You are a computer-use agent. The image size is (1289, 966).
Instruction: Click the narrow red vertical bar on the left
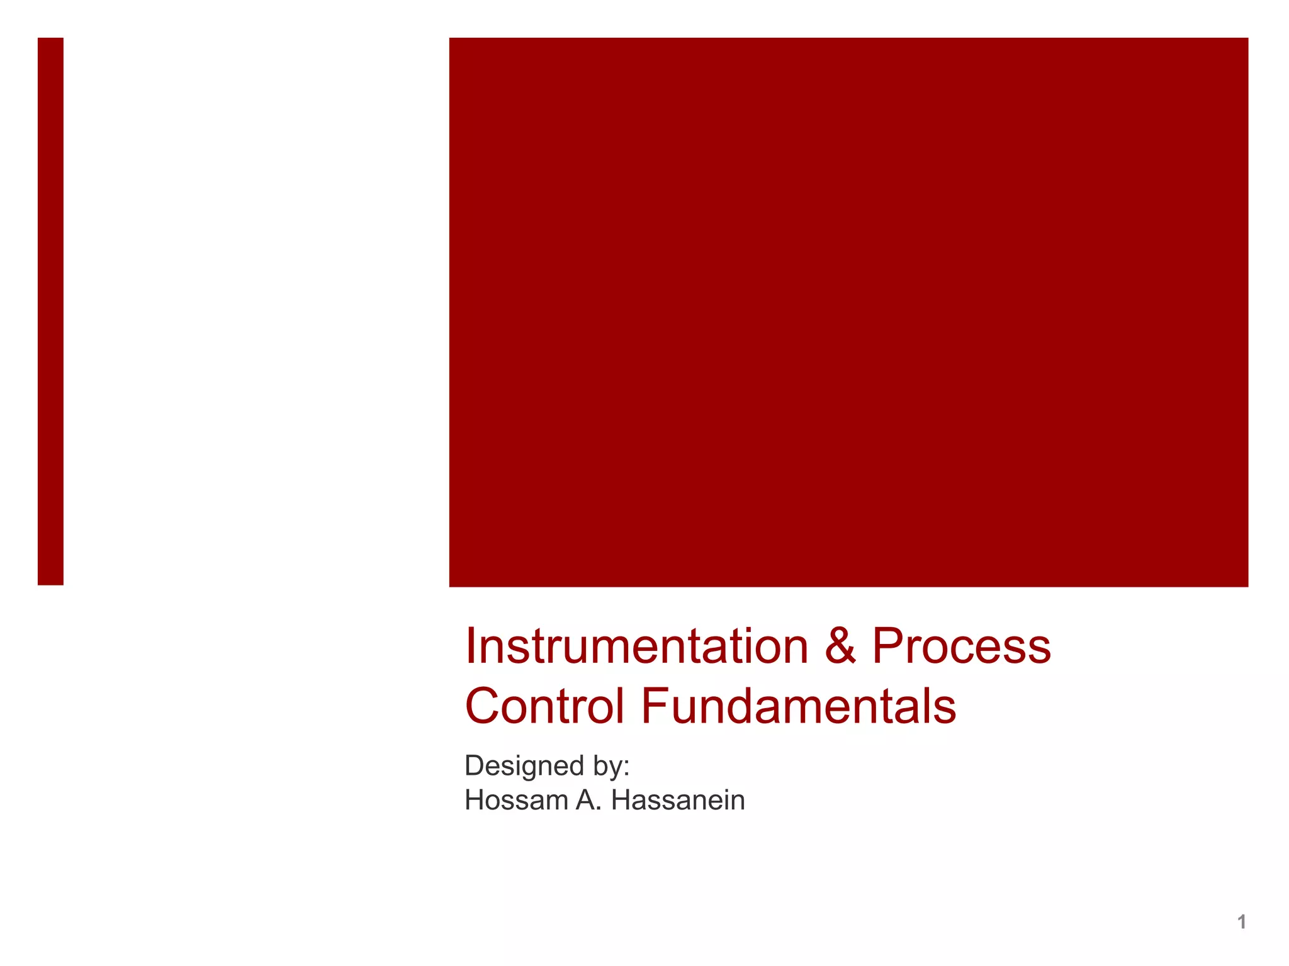(50, 311)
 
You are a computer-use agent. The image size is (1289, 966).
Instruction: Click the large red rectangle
(848, 312)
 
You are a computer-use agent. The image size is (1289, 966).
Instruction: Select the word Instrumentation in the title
(636, 647)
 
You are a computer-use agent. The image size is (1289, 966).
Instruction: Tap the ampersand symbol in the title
(840, 647)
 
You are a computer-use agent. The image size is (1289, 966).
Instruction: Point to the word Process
(961, 647)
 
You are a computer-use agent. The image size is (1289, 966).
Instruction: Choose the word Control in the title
(544, 706)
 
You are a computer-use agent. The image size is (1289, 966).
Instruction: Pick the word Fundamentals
(798, 706)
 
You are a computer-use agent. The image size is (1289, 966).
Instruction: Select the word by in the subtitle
(607, 766)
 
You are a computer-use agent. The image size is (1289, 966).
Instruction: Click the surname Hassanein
(678, 801)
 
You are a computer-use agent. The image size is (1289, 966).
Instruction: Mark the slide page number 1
(1241, 922)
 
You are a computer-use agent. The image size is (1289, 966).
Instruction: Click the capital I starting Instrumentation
(470, 647)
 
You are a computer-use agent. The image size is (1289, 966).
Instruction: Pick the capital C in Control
(483, 706)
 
